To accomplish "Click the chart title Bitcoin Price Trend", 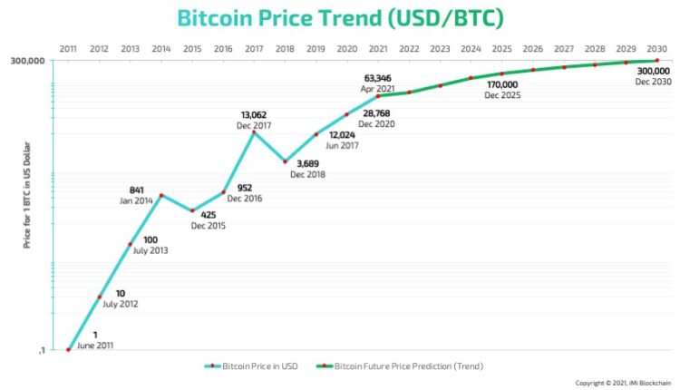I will point(340,18).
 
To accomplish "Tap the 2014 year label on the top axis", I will point(160,49).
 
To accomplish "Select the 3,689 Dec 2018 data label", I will point(307,168).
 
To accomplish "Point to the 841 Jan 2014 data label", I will point(137,195).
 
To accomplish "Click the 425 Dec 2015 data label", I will point(208,219).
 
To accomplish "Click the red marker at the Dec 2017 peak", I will point(254,132).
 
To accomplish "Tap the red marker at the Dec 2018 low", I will point(285,161).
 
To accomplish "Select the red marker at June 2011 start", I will point(68,349).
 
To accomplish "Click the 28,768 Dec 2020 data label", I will point(376,117).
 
